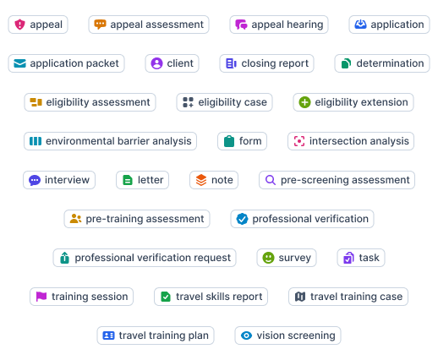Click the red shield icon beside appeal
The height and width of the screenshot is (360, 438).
pos(19,25)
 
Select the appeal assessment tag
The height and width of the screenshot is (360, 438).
pos(149,25)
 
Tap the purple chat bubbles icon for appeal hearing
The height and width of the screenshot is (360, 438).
pos(241,25)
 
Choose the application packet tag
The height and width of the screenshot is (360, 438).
pos(66,63)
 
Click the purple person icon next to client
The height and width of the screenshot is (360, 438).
pos(156,63)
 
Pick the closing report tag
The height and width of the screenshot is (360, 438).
pos(266,63)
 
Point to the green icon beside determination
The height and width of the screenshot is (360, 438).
pos(346,63)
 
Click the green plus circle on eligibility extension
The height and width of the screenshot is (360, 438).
pos(304,102)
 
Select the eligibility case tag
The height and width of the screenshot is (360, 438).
pos(224,102)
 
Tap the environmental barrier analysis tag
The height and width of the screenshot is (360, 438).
pos(110,141)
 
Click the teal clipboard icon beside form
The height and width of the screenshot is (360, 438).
pos(229,141)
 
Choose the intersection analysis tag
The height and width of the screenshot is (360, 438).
pos(351,141)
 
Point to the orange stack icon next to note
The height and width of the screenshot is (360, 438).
pos(201,180)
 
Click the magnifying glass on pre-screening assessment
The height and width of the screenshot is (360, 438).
pos(271,180)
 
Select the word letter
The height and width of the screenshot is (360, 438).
pos(151,180)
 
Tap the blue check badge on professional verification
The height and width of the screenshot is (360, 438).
pos(242,219)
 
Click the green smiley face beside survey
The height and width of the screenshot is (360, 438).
pos(268,258)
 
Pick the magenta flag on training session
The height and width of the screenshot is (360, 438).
pos(41,297)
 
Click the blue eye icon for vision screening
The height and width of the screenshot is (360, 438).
pos(246,335)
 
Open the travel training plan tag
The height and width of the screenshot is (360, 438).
pos(156,335)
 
